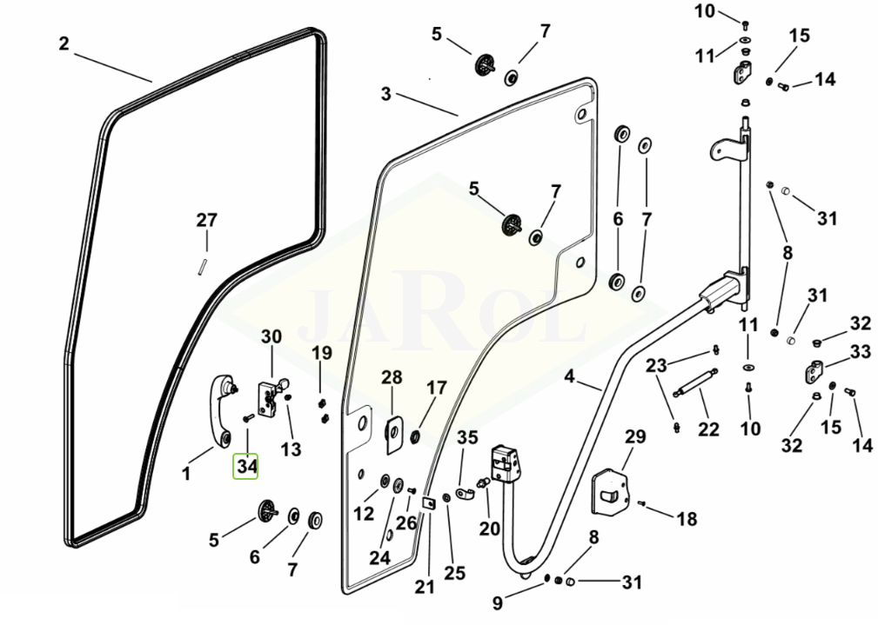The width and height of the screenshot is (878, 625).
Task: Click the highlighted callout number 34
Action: (245, 466)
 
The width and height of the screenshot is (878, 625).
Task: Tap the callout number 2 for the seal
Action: (64, 43)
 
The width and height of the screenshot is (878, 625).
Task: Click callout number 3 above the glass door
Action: (385, 93)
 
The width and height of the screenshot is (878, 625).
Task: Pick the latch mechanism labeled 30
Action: (272, 398)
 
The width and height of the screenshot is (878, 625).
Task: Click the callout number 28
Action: (392, 377)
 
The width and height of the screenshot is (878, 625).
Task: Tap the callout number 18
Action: (687, 519)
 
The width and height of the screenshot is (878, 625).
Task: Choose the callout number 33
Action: (860, 351)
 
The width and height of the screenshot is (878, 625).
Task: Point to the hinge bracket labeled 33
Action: (814, 373)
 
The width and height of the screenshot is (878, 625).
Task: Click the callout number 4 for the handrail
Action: (569, 376)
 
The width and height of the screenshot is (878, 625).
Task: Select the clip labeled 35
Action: (466, 494)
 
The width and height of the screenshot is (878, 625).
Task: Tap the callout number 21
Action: (425, 587)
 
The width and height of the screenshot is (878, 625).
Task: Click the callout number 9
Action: (498, 603)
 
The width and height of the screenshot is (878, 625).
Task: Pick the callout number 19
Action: (321, 353)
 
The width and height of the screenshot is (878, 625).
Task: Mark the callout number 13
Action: (291, 449)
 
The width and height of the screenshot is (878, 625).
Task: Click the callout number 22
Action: (708, 429)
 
